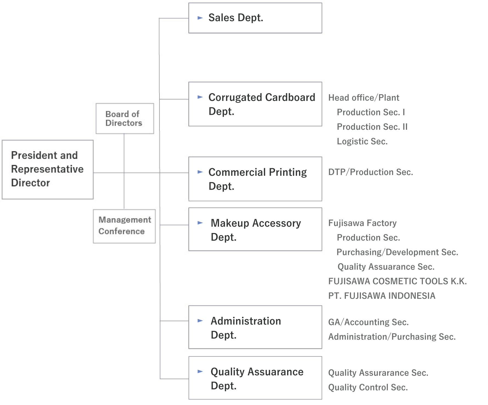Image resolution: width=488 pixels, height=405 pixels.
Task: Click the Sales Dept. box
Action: tap(255, 18)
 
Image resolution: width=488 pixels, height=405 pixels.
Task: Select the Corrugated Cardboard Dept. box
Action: tap(255, 104)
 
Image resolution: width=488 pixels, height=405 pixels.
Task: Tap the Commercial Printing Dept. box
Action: tap(255, 179)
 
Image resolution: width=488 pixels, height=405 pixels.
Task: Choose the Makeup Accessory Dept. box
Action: tap(255, 229)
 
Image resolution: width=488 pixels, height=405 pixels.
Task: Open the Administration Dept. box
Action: tap(255, 327)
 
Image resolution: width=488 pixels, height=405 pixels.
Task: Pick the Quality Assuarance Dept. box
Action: tap(255, 378)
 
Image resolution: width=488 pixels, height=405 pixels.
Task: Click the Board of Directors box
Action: tap(125, 119)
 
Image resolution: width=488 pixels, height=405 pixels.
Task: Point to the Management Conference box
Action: tap(124, 226)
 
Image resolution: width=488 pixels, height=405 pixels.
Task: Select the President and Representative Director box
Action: tap(48, 170)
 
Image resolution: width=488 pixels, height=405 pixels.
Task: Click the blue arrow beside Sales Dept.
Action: tap(200, 18)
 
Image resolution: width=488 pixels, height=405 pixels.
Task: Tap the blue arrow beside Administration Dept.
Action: tap(200, 321)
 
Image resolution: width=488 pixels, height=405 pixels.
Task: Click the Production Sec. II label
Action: tap(372, 127)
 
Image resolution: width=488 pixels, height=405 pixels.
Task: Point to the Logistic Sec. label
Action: tap(362, 142)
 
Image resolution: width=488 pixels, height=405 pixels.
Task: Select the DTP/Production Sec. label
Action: tap(371, 172)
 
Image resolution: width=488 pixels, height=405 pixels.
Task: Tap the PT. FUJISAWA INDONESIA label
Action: tap(382, 296)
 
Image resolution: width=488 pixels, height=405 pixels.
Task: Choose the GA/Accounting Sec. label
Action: tap(369, 322)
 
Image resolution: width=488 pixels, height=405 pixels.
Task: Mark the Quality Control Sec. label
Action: tap(368, 387)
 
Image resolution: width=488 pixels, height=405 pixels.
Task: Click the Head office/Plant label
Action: tap(364, 98)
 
